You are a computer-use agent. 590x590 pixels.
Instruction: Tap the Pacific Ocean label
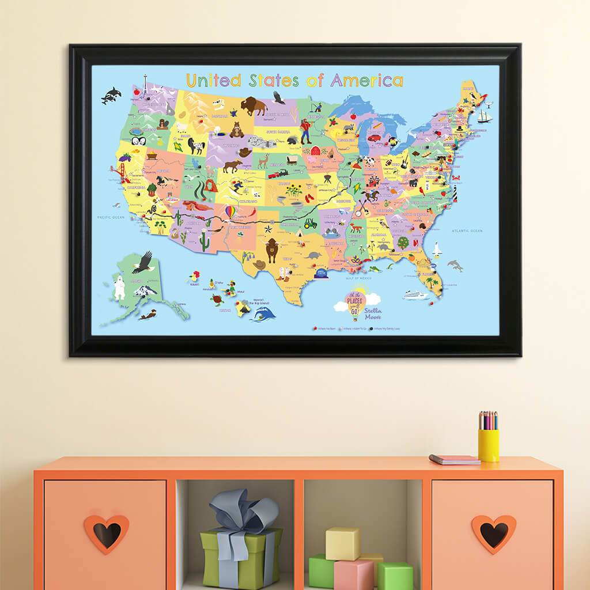[111, 217]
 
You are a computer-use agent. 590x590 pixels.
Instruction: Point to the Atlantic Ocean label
[467, 231]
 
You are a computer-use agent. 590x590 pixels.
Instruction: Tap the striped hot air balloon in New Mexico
[229, 213]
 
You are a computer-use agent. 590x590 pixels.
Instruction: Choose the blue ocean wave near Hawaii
[264, 313]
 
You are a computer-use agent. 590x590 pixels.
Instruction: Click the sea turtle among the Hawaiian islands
[217, 300]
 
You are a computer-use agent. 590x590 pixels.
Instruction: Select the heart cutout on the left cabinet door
[106, 534]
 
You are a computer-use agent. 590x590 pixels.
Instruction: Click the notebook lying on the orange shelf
[454, 459]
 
